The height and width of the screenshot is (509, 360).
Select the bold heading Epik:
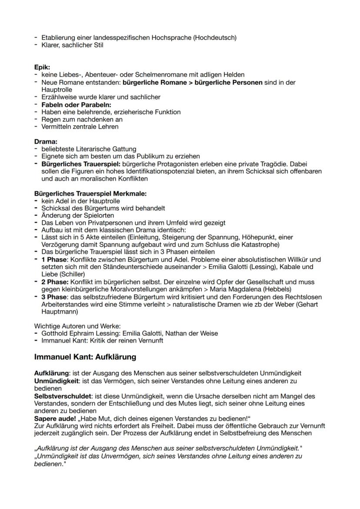[42, 67]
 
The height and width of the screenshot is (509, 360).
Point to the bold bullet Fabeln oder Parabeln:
[76, 105]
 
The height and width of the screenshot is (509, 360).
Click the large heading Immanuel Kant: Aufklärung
[85, 357]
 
